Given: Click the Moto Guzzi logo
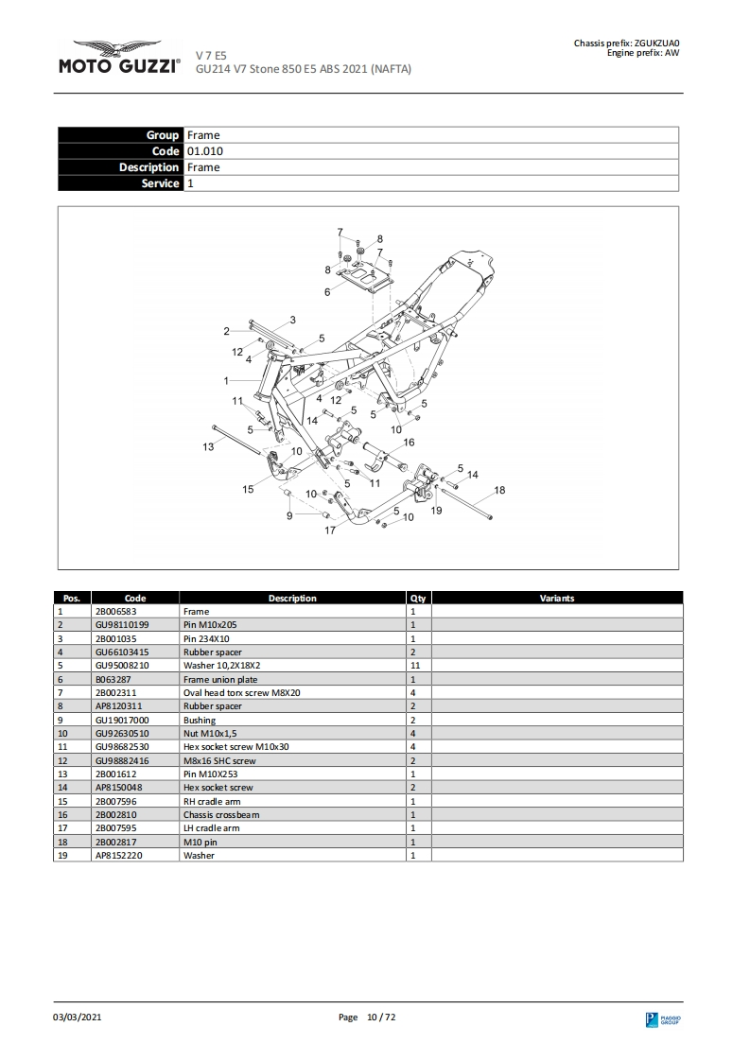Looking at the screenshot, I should point(119,58).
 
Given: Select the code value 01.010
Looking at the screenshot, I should point(204,151).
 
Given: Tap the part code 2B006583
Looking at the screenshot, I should point(115,612).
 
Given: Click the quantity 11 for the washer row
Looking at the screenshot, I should point(414,666).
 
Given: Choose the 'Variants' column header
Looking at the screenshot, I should point(556,598).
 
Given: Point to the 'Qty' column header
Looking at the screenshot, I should point(418,598).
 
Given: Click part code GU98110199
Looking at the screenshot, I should point(122,625).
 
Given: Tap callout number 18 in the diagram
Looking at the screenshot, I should point(499,490).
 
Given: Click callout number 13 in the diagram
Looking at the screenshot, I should point(208,446).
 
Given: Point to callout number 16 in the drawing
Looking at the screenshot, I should point(409,442).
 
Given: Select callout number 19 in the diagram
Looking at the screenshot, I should point(436,511).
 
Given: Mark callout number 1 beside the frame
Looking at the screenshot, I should point(226,380).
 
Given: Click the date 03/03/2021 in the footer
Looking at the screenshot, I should point(77,1017).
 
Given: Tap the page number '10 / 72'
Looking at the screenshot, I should point(380,1017).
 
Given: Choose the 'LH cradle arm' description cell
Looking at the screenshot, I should point(211,827).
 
